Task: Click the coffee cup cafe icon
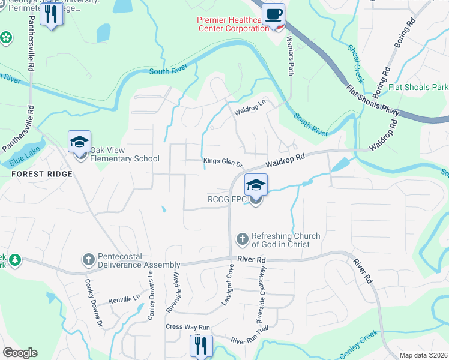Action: (x=274, y=14)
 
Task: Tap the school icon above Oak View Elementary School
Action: (x=79, y=142)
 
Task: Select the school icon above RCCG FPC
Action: (x=256, y=185)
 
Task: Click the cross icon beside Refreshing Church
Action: (x=243, y=239)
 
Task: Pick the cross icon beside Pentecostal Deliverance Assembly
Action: (x=88, y=260)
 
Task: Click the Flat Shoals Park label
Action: (x=418, y=88)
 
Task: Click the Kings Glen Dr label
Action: (x=223, y=161)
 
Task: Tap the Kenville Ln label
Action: (x=124, y=297)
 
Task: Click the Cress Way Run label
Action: (x=188, y=328)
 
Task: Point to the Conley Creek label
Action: (x=358, y=345)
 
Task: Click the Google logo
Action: (x=19, y=353)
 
